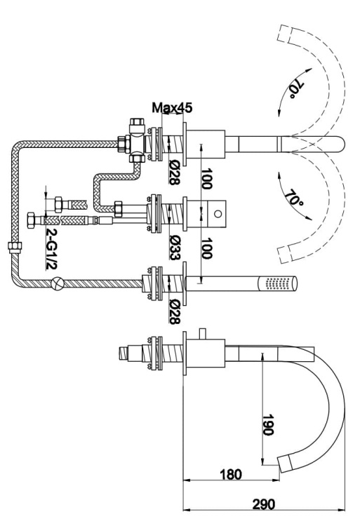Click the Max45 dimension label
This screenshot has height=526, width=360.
coord(172,109)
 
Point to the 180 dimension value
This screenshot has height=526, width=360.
coord(229,475)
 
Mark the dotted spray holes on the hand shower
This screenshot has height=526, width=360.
coord(278,284)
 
